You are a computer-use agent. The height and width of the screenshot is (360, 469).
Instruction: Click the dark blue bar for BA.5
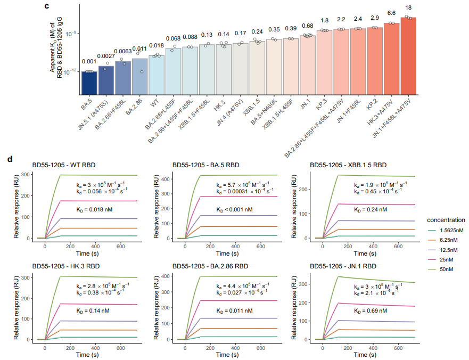pyautogui.click(x=89, y=81)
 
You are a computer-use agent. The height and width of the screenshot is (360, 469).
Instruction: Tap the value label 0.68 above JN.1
pyautogui.click(x=307, y=26)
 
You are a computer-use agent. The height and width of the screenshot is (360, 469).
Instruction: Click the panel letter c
pyautogui.click(x=47, y=6)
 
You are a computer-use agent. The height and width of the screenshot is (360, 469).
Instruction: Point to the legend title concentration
pyautogui.click(x=446, y=219)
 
